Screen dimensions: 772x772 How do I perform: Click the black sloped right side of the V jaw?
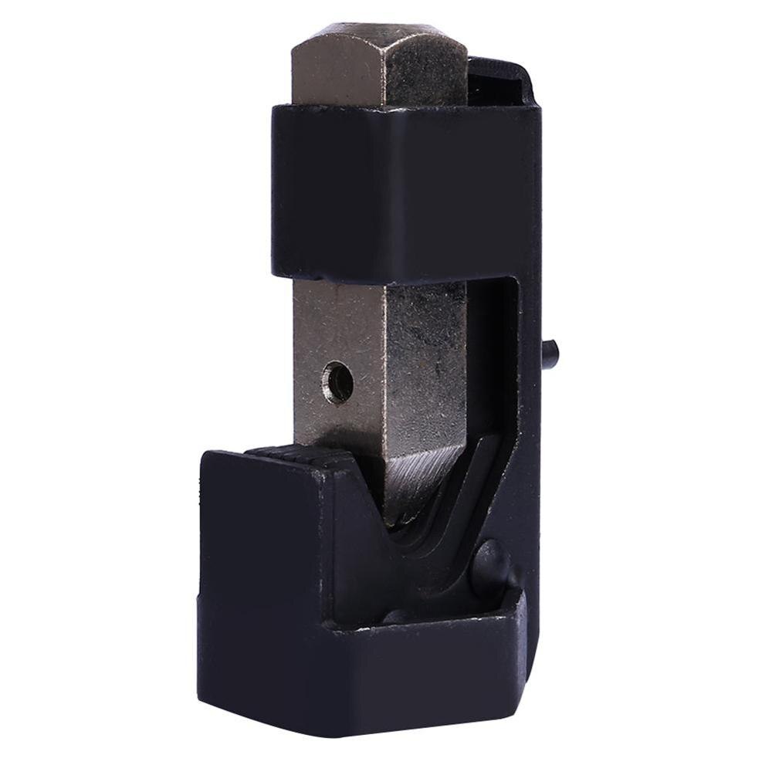click(x=463, y=494)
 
